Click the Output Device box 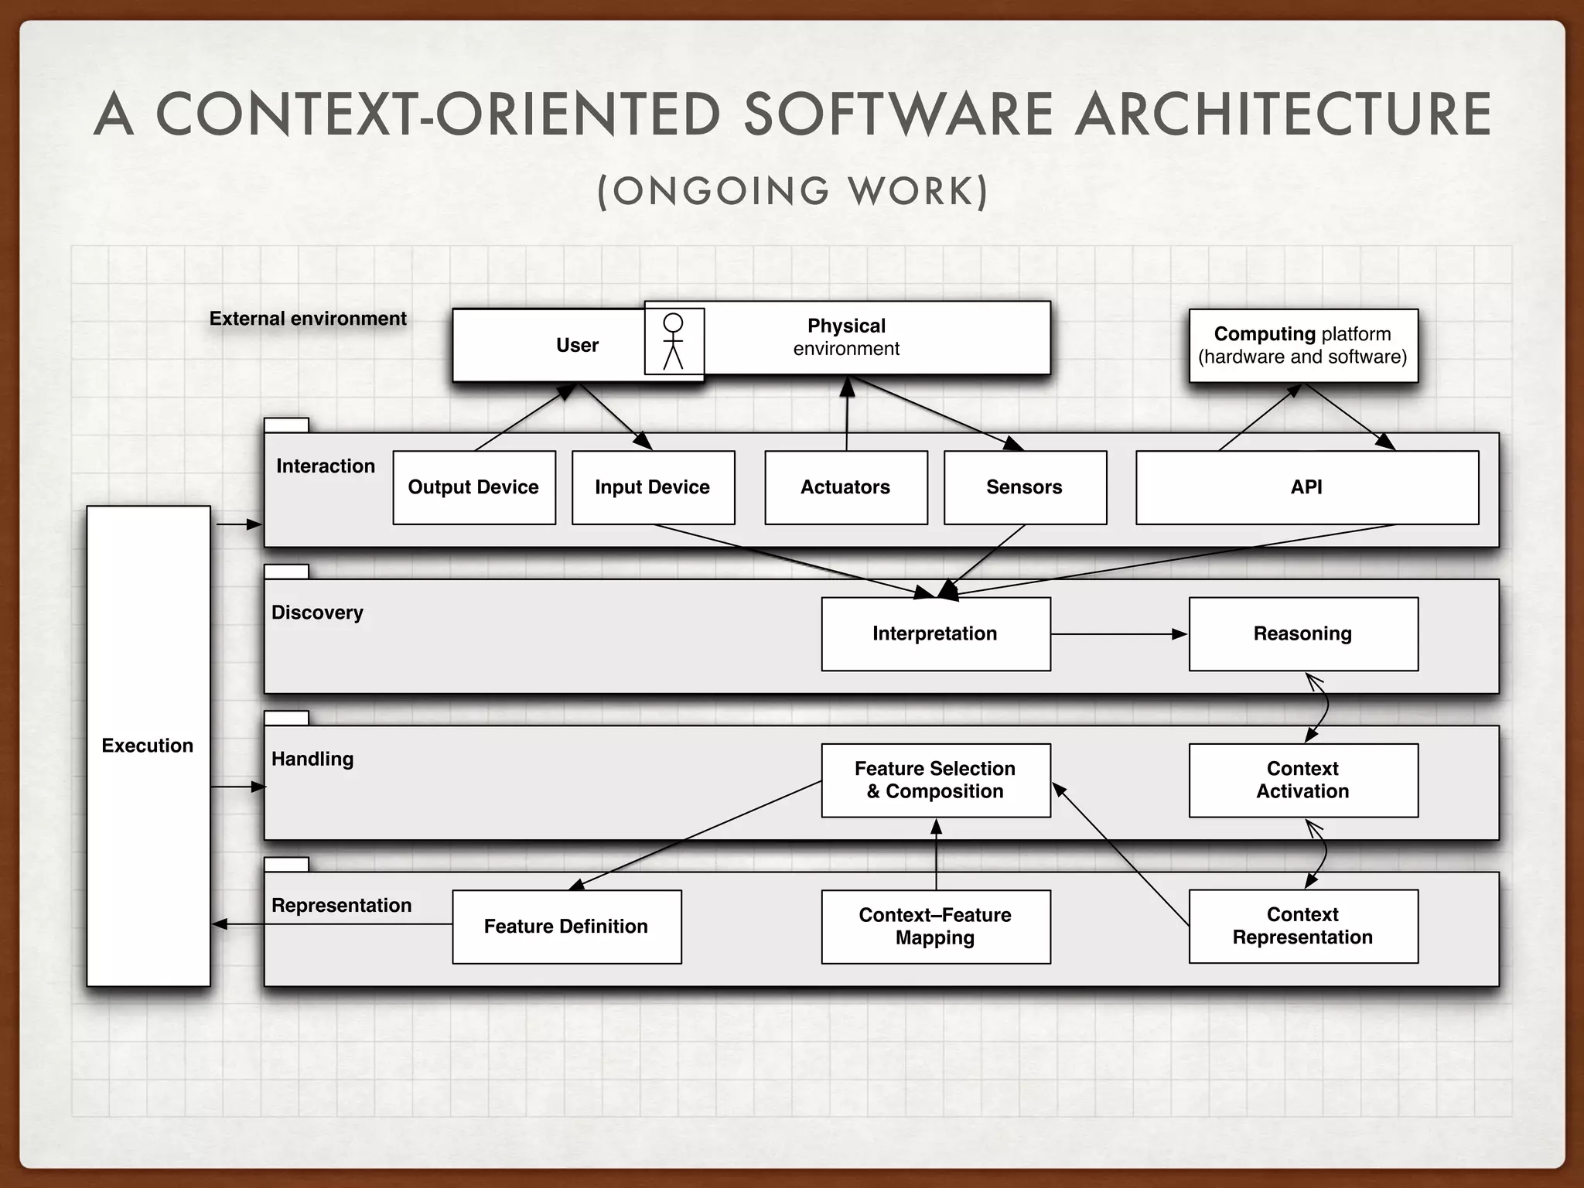[474, 487]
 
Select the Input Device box [653, 487]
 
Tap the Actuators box [845, 487]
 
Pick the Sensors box [1025, 487]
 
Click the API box [1306, 487]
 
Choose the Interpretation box [935, 633]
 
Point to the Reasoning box [1303, 633]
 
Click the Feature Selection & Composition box [935, 780]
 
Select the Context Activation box [1303, 780]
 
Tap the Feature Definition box [566, 927]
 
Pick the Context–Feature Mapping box [935, 927]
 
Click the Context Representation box [1303, 927]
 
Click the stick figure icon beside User [674, 341]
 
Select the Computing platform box [1303, 345]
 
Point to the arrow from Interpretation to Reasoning [1119, 634]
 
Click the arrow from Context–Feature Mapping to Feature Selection [936, 854]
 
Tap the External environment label [308, 319]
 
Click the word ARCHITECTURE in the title [1284, 114]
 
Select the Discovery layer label [317, 613]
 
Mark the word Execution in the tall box [148, 746]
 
